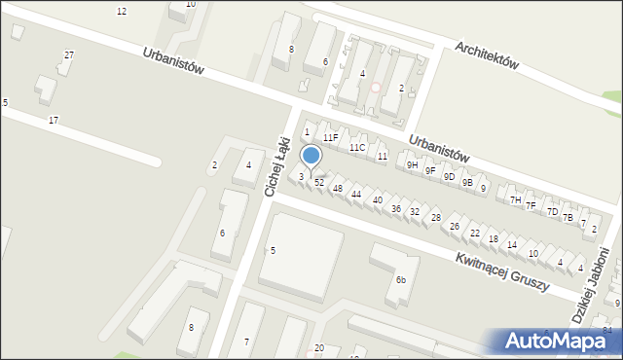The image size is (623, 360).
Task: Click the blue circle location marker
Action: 311,155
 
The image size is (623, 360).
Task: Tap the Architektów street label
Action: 487,53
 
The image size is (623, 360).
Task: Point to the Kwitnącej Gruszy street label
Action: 501,270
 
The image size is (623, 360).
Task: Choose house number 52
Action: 319,183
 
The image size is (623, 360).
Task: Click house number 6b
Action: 400,280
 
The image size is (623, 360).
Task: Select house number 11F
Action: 331,138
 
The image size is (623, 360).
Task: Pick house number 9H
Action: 413,165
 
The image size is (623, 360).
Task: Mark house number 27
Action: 68,55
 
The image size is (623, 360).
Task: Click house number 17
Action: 54,120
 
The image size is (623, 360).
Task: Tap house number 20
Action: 318,348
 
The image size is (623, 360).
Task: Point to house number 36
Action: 395,209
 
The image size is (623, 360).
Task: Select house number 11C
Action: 357,148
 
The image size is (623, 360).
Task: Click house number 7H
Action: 515,199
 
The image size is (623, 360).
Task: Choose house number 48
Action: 338,188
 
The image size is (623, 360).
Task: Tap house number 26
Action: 454,227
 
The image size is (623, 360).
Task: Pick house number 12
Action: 122,11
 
